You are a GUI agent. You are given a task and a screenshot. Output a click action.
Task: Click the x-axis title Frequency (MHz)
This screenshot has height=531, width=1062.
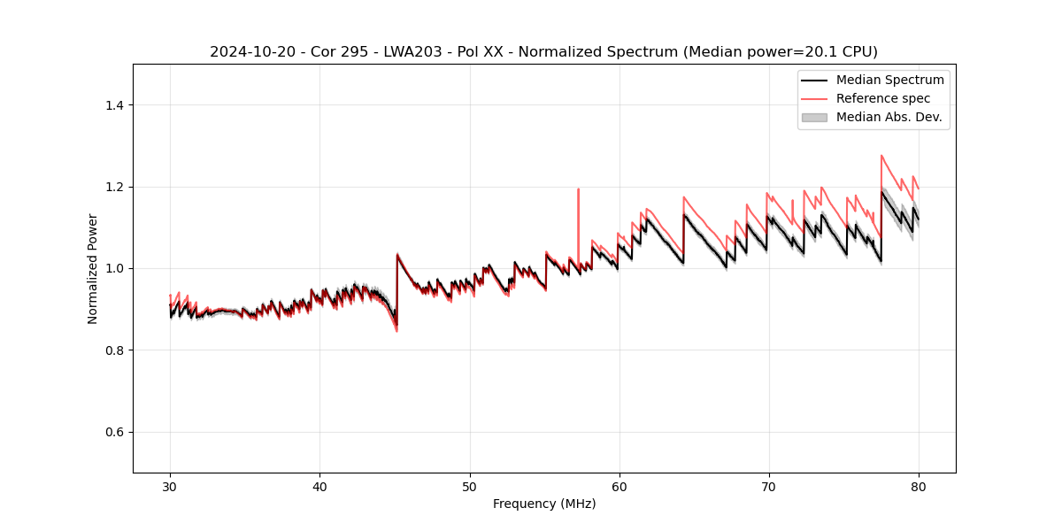point(544,504)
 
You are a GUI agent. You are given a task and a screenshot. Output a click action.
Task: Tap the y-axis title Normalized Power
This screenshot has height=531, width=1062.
point(92,268)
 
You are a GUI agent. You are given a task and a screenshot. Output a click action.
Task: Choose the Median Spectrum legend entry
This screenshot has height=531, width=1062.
point(889,80)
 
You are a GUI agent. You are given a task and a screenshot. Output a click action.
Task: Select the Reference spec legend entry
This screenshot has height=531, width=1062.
point(882,98)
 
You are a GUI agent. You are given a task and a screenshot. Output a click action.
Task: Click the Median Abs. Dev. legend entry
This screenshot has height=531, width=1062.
point(889,117)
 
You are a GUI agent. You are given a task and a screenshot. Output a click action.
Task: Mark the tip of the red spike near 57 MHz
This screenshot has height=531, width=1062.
point(578,189)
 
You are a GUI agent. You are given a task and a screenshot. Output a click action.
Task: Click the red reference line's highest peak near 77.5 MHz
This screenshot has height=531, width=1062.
point(881,156)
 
